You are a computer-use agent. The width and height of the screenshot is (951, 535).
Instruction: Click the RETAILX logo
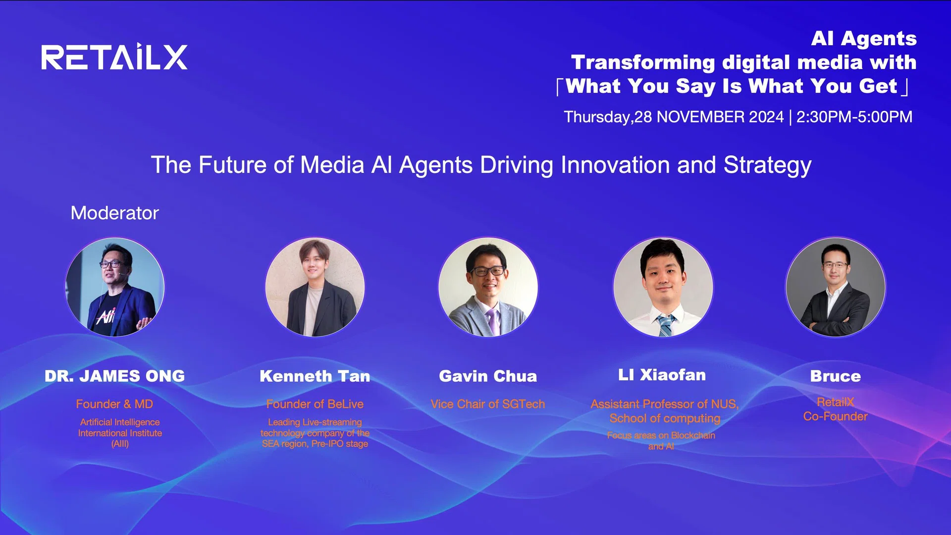coord(114,58)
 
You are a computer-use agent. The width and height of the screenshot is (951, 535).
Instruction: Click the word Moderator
coord(114,213)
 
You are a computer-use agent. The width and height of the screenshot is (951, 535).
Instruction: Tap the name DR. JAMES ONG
coord(114,376)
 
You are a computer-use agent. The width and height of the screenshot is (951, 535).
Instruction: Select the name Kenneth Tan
coord(315,376)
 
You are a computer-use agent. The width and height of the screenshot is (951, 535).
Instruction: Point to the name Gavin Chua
coord(488,376)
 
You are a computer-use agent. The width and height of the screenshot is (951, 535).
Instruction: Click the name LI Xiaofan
coord(662,375)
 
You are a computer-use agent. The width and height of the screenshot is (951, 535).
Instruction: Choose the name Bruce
coord(836,376)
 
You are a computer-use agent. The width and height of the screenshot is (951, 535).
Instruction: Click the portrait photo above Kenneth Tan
coord(315,287)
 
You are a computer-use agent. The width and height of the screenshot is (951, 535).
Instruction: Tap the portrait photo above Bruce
coord(836,287)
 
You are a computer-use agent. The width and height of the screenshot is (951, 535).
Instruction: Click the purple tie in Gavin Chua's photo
coord(493,320)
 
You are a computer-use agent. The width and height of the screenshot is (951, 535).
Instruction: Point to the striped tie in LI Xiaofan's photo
coord(665,325)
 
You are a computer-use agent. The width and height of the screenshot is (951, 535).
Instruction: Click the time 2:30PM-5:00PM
coord(854,117)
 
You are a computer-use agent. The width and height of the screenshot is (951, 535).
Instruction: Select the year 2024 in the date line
coord(766,117)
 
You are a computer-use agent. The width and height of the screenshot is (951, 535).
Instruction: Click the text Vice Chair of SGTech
coord(488,404)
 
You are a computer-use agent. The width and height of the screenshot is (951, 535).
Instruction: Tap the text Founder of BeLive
coord(315,404)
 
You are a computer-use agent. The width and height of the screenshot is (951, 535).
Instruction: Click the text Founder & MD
coord(114,404)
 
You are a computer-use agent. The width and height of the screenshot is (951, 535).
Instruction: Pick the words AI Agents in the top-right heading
coord(864,39)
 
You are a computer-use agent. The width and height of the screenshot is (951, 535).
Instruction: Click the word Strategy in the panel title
coord(767,165)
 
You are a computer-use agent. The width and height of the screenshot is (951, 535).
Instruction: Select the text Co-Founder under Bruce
coord(836,416)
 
